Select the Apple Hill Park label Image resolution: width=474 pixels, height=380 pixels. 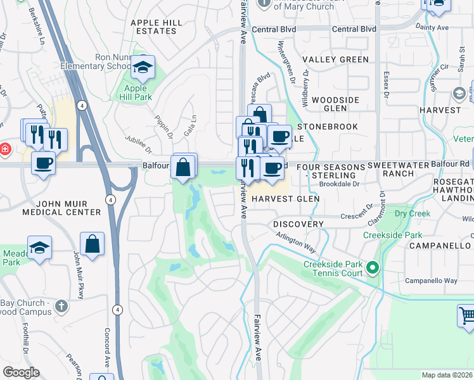coord(136,93)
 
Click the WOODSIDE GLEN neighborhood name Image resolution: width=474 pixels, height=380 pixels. coord(335,104)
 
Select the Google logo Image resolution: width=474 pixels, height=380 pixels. coord(21,372)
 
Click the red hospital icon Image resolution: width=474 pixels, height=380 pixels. coord(4,149)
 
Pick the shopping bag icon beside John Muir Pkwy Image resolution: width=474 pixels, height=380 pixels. coord(93,244)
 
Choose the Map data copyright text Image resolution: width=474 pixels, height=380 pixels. coord(447,375)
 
